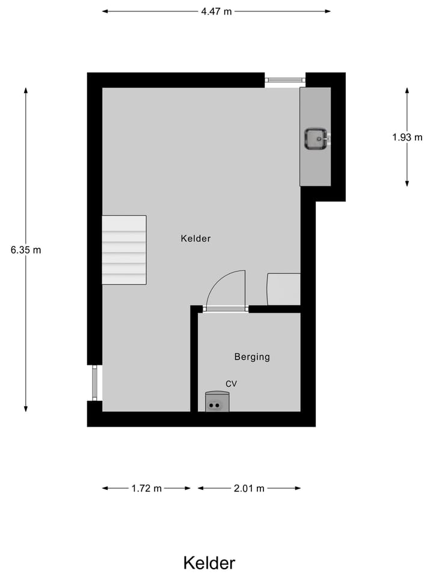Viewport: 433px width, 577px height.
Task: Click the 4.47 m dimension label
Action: click(216, 11)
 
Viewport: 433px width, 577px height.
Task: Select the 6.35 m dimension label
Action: click(26, 250)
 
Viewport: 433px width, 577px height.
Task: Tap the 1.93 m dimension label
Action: click(407, 137)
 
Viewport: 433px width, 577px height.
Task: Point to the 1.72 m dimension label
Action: click(147, 489)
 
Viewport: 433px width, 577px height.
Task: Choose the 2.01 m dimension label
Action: click(249, 489)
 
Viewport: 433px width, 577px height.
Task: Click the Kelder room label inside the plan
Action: click(195, 239)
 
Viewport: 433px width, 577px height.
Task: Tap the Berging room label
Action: click(252, 357)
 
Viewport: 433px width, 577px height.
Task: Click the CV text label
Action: click(232, 383)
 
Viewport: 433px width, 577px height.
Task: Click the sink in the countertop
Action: click(316, 139)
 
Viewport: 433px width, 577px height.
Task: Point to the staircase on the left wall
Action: click(124, 249)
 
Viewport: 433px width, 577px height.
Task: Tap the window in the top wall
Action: click(285, 79)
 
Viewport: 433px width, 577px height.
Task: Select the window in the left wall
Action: click(94, 382)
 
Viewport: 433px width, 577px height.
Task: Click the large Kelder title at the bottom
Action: click(209, 563)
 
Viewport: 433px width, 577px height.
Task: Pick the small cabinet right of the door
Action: click(283, 289)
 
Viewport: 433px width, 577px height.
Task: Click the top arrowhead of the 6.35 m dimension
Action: click(26, 90)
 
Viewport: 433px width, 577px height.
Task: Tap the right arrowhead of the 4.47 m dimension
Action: click(328, 11)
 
